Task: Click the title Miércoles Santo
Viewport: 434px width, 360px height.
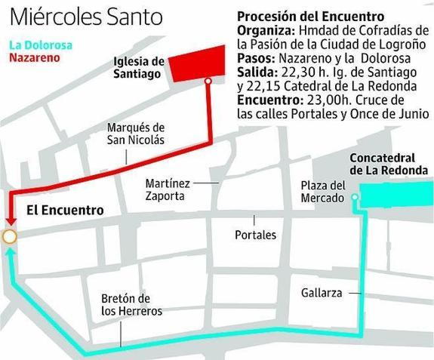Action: pos(87,17)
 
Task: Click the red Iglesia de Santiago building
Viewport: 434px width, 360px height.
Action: pos(197,61)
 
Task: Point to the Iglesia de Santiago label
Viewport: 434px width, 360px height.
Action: pos(137,67)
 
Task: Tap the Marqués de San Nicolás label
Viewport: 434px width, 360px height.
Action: pos(135,134)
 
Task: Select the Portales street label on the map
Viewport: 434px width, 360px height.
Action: pos(255,235)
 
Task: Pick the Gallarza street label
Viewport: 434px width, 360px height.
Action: pos(322,291)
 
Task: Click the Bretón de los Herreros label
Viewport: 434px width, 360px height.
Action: pos(131,304)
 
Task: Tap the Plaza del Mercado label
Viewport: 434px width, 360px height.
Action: pos(322,192)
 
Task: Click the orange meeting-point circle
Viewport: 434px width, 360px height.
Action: pos(10,237)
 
